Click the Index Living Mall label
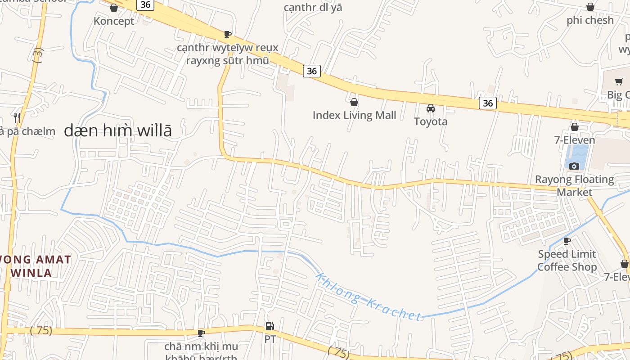(x=354, y=115)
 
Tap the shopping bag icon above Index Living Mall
(x=354, y=102)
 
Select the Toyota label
(x=431, y=121)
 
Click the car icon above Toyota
(x=431, y=108)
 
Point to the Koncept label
(x=114, y=21)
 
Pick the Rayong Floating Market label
(x=574, y=186)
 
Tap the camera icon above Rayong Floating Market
(x=574, y=166)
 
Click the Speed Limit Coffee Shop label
(x=567, y=261)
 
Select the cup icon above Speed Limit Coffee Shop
(x=567, y=241)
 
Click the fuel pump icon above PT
(x=270, y=326)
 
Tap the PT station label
(x=270, y=339)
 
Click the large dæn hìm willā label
(x=118, y=131)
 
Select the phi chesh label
(x=590, y=20)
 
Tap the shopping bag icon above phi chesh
(x=590, y=7)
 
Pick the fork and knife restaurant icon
(x=17, y=118)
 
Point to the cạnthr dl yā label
(x=313, y=8)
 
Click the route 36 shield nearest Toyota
(x=487, y=103)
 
